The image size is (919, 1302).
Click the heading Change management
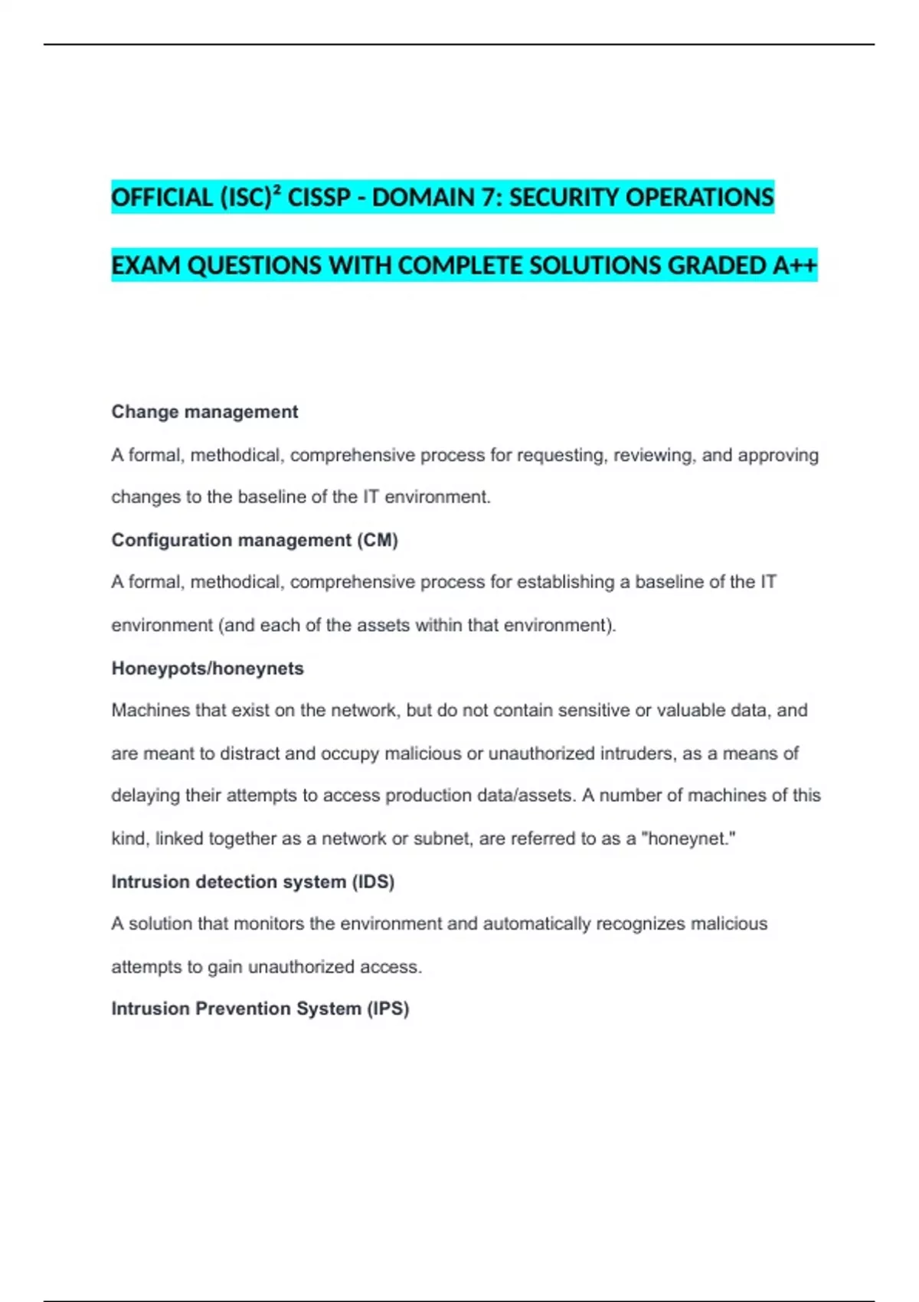tap(204, 412)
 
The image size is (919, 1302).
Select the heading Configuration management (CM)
tap(254, 540)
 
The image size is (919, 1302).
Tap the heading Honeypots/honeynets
tap(208, 669)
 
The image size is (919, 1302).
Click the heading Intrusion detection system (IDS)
tap(253, 882)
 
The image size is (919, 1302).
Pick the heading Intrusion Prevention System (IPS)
tap(260, 1009)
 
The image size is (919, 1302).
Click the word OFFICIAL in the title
tap(162, 198)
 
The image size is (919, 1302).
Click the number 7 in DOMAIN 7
tap(488, 198)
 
